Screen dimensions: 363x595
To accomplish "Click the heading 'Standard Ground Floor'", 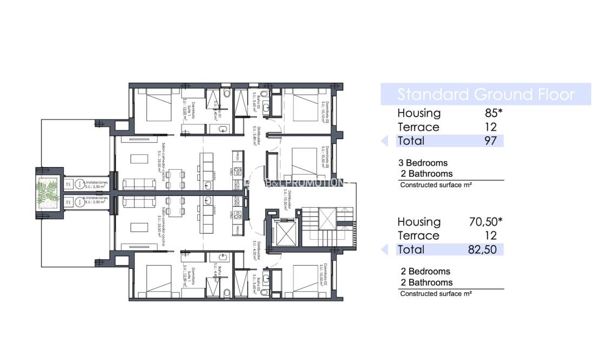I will coord(486,94).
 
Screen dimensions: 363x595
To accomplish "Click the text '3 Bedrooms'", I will coord(423,163).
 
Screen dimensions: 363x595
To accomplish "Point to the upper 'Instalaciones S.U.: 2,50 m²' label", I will coord(96,184).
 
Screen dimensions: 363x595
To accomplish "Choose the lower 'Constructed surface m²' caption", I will coord(436,294).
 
